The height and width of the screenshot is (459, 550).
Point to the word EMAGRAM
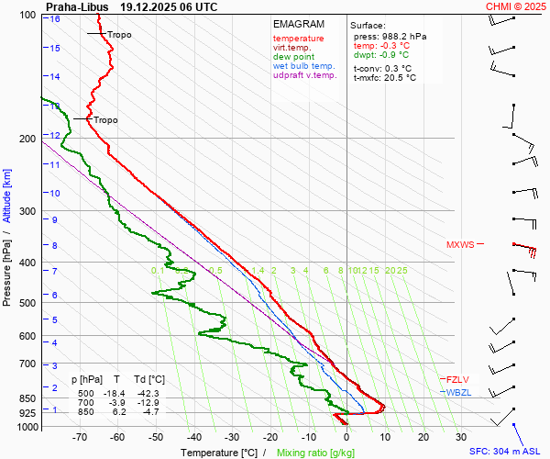[x=299, y=24]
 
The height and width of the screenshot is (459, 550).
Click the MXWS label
[x=460, y=245]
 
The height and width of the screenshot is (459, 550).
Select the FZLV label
[x=457, y=379]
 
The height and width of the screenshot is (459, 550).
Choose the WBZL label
[x=457, y=392]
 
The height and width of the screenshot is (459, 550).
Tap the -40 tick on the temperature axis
[x=193, y=437]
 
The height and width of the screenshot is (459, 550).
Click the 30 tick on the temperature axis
[x=461, y=437]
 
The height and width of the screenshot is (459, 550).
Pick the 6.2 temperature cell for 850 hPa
[x=117, y=412]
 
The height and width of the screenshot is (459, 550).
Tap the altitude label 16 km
[x=55, y=18]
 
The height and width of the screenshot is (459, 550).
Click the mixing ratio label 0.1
[x=157, y=271]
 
